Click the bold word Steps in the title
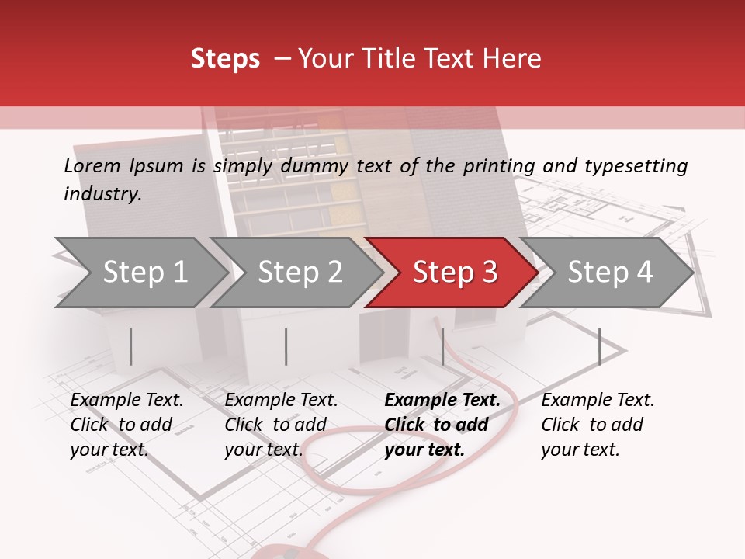click(x=225, y=59)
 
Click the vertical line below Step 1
click(x=130, y=346)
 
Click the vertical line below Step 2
click(x=286, y=346)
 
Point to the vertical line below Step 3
click(x=442, y=346)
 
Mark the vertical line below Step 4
click(x=599, y=346)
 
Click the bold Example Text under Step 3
click(x=442, y=401)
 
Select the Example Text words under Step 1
click(x=126, y=401)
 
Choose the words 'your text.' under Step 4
click(x=580, y=450)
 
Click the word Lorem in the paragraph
click(x=92, y=166)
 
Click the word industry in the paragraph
click(x=102, y=194)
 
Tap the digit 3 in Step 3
click(x=489, y=273)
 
